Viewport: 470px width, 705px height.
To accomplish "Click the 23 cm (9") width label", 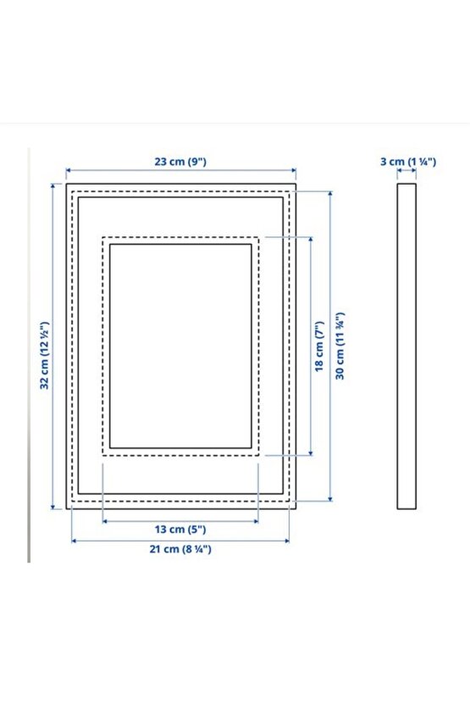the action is click(180, 161).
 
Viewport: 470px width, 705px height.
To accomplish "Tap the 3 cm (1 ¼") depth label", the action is click(408, 161).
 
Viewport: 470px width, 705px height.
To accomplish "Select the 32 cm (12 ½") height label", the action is click(45, 355).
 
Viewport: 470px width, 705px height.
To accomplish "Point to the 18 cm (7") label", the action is click(319, 347).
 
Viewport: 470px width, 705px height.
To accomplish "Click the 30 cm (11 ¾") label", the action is click(340, 346).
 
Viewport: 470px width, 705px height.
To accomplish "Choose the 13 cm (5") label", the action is click(180, 530).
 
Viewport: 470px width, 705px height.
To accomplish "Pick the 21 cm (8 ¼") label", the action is click(180, 549).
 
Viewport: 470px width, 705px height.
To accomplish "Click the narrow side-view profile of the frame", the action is click(406, 347).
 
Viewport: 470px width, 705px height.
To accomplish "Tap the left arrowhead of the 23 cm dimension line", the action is click(69, 170).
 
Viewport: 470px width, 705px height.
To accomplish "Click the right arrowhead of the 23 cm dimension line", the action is click(293, 170).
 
